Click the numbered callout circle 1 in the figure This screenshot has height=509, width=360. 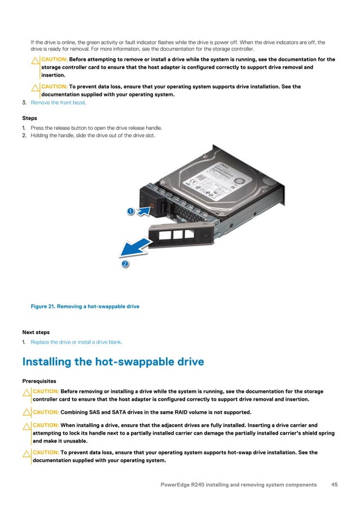[x=130, y=211]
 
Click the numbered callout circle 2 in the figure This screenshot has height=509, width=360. [x=125, y=264]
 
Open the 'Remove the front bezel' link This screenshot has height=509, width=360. [x=58, y=103]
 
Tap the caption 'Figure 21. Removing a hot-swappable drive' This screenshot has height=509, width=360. [x=85, y=306]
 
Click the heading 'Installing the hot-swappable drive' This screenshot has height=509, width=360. [x=113, y=362]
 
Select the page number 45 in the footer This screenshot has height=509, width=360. [x=334, y=485]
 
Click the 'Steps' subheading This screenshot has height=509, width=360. [x=29, y=119]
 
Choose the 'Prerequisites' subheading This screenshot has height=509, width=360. [x=39, y=381]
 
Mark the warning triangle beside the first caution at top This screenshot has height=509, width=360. [x=35, y=60]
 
